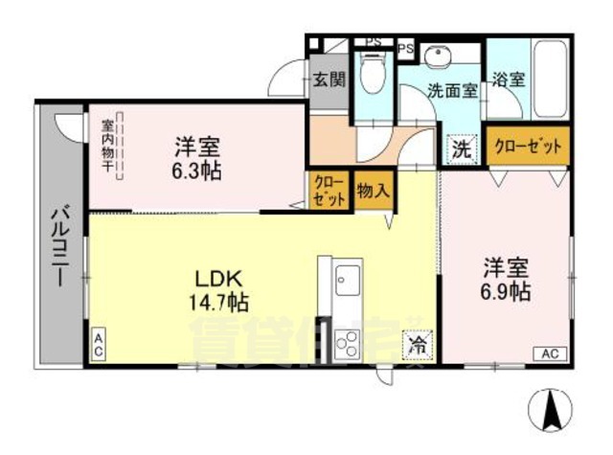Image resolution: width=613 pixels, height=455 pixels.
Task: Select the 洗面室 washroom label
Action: tap(451, 92)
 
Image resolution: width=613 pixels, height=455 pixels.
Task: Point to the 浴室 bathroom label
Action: tap(508, 80)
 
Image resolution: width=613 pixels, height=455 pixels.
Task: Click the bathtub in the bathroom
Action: tap(552, 76)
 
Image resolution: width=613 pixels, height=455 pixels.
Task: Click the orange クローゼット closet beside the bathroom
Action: tap(528, 148)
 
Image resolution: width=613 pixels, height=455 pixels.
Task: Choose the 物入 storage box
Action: tap(373, 189)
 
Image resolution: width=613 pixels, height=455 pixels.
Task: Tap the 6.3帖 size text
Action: tap(196, 173)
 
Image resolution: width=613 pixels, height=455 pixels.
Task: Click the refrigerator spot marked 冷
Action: tap(418, 343)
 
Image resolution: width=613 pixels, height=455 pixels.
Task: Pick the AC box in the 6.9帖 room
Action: tap(549, 353)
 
